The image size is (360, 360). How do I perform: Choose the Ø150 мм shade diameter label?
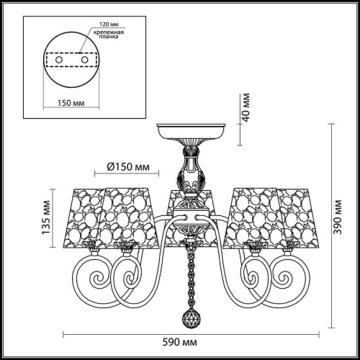tap(127, 167)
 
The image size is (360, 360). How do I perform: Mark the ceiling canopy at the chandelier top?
tap(191, 130)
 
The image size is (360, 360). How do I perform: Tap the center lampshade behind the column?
tap(175, 205)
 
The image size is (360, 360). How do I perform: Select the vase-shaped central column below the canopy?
tap(191, 173)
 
